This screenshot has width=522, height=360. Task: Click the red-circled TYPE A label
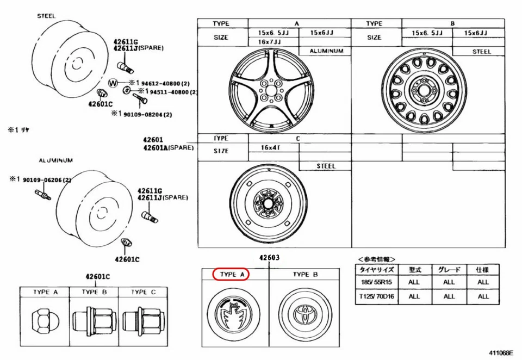point(230,275)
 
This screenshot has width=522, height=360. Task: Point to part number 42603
point(269,257)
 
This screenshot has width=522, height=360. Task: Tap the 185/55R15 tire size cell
point(376,282)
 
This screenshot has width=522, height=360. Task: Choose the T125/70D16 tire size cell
point(376,296)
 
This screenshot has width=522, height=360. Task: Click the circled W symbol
point(113,83)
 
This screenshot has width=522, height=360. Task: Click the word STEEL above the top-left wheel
point(46,16)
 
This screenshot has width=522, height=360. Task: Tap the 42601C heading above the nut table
point(97,277)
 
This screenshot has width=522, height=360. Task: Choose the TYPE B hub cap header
point(304,275)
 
